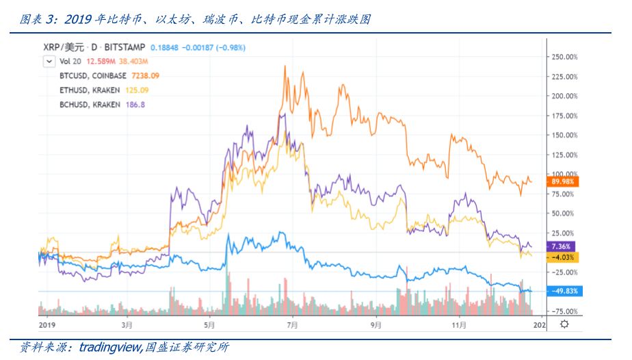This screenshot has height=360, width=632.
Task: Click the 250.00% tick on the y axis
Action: click(x=565, y=57)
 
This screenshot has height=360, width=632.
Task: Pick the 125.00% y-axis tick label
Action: click(x=565, y=155)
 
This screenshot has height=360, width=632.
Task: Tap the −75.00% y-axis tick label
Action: click(x=565, y=311)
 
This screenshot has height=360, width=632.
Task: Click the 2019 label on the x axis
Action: click(x=46, y=324)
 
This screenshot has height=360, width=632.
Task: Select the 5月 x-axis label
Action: click(x=209, y=324)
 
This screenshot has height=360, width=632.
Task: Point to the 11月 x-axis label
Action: click(x=459, y=324)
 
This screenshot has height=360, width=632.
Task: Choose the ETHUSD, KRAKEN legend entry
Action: click(x=90, y=90)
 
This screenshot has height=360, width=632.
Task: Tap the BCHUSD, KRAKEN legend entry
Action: click(x=90, y=104)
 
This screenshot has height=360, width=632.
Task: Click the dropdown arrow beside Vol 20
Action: click(x=48, y=61)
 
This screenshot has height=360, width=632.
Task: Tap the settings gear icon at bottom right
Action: click(x=564, y=324)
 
